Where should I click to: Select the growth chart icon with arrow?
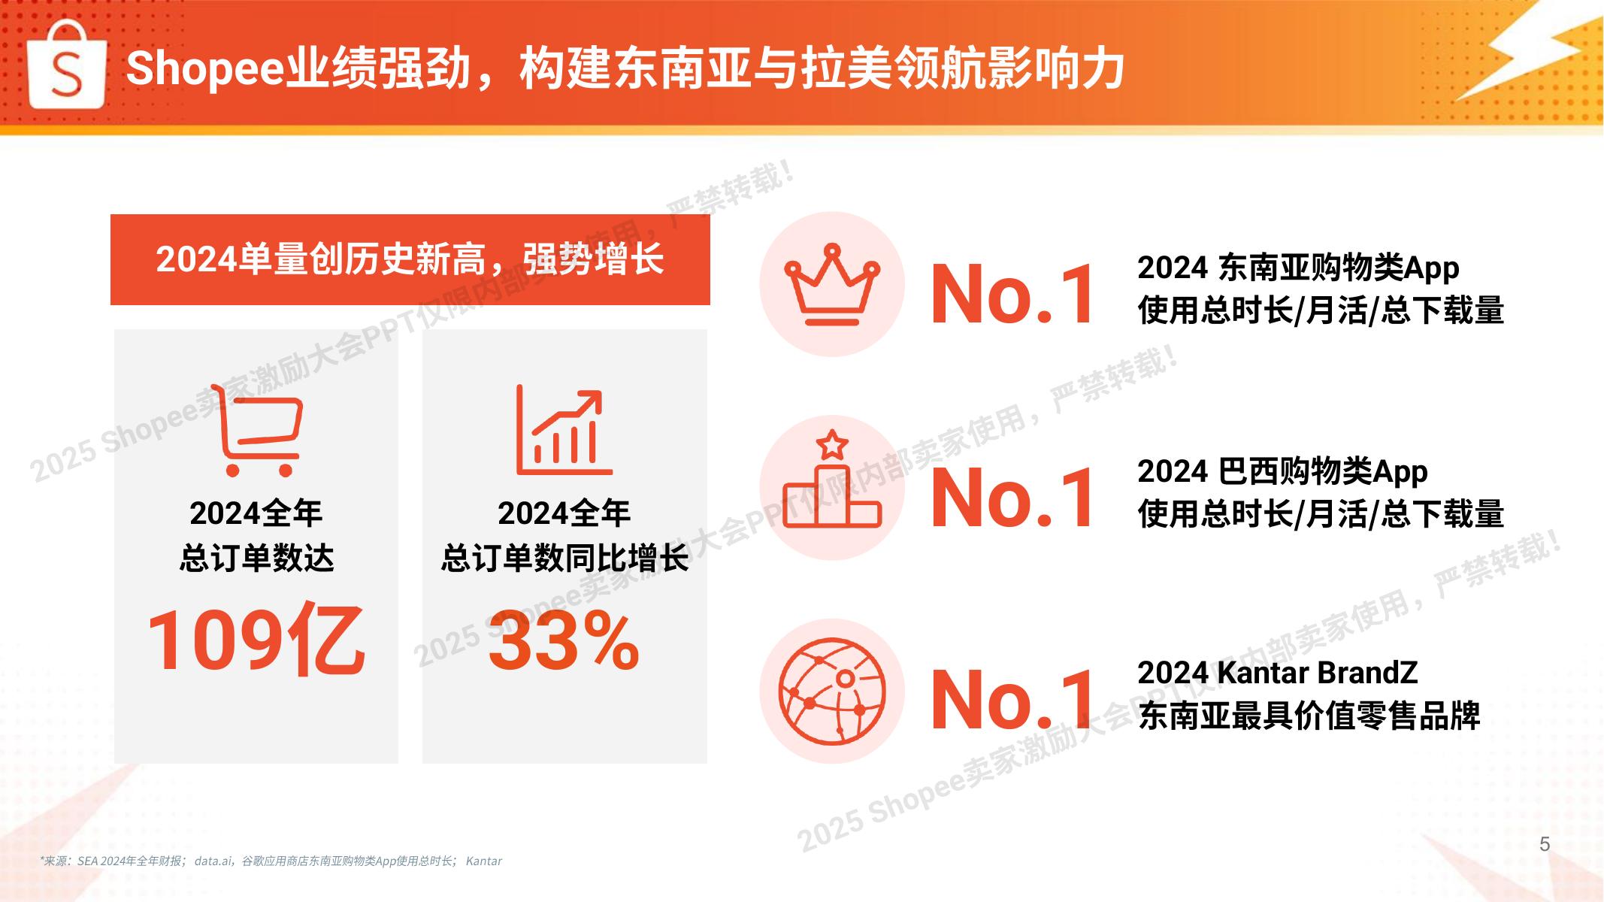point(564,430)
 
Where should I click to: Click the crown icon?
point(832,284)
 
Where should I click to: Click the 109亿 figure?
point(256,640)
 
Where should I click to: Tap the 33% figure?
point(564,640)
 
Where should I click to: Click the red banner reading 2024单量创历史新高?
point(410,259)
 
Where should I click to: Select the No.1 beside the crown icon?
point(1012,295)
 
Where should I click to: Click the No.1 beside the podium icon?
point(1012,498)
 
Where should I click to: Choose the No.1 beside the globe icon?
point(1012,700)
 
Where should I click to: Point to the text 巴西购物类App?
point(1323,472)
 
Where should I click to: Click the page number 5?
point(1545,844)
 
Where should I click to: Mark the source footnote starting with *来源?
point(271,861)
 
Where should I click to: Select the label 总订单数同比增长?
point(564,558)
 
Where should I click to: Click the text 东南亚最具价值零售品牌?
point(1309,716)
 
